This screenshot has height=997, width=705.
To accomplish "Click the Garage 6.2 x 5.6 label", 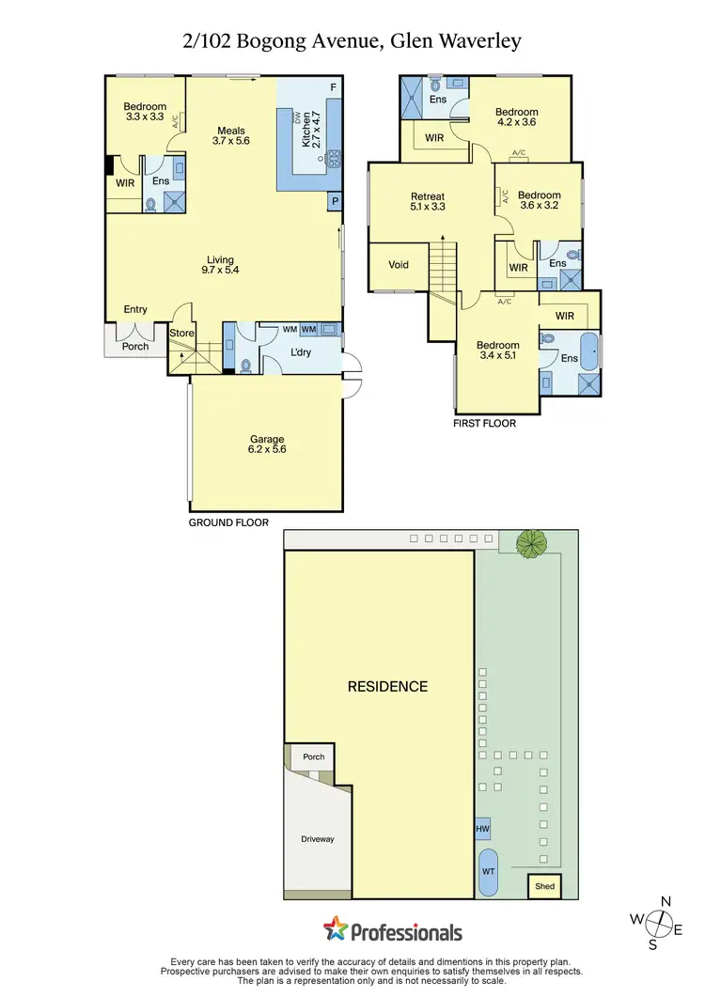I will click(x=267, y=444).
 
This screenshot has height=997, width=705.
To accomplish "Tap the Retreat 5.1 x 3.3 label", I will click(x=427, y=202).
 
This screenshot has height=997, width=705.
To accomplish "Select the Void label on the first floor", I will click(x=399, y=265).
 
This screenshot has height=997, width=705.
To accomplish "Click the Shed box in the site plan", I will click(x=544, y=886).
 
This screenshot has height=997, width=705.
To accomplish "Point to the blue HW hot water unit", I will click(x=483, y=829).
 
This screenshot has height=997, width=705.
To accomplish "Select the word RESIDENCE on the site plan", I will click(x=387, y=687).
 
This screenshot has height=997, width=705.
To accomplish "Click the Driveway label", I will click(x=318, y=839).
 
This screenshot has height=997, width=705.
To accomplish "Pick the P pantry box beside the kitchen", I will click(x=334, y=202).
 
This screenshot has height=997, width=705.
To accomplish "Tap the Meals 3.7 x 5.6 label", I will click(x=231, y=136).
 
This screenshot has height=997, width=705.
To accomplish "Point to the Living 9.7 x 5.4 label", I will click(x=221, y=266).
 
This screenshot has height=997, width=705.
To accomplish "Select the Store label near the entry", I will click(x=181, y=333).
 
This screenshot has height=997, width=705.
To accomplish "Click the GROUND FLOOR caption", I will click(x=228, y=522).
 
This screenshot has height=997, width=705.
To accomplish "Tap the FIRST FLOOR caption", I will click(x=485, y=423).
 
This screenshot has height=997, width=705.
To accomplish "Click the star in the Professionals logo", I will click(x=336, y=929).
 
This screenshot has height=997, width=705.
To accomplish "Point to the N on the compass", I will click(x=666, y=902).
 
